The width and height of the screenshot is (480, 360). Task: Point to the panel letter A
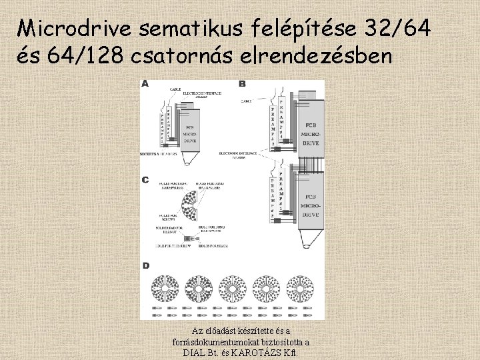pyautogui.click(x=145, y=84)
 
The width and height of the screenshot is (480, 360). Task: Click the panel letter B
pyautogui.click(x=242, y=84)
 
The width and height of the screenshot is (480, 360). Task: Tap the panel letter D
pyautogui.click(x=145, y=266)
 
